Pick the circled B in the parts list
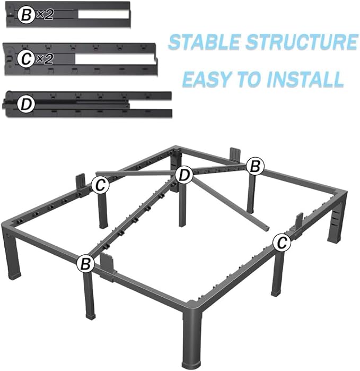(x=26, y=15)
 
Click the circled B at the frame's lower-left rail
(x=85, y=262)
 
